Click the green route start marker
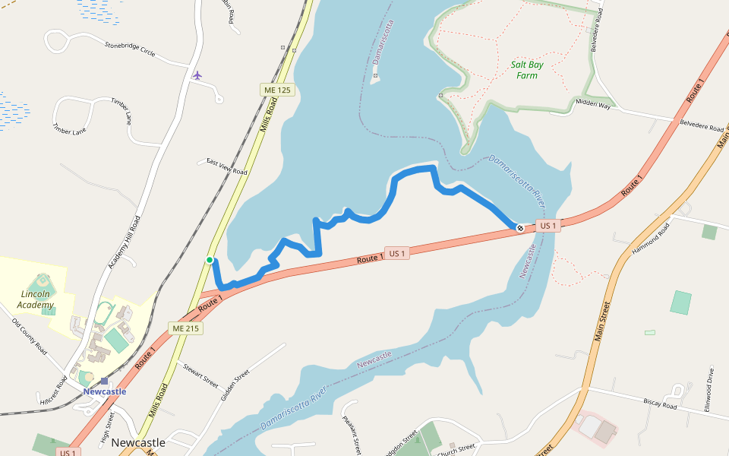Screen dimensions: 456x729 (210, 260)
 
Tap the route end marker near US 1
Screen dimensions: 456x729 (520, 228)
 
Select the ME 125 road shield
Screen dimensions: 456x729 (277, 90)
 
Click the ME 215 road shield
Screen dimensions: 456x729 (186, 328)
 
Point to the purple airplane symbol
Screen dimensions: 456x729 (197, 75)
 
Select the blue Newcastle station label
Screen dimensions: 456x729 (105, 392)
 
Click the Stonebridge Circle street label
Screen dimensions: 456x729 (130, 49)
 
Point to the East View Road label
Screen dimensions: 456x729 (227, 167)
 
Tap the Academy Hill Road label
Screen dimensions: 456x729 (125, 242)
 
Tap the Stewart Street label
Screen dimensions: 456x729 (200, 375)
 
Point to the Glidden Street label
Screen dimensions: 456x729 (235, 386)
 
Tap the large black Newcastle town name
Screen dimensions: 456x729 (138, 442)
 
